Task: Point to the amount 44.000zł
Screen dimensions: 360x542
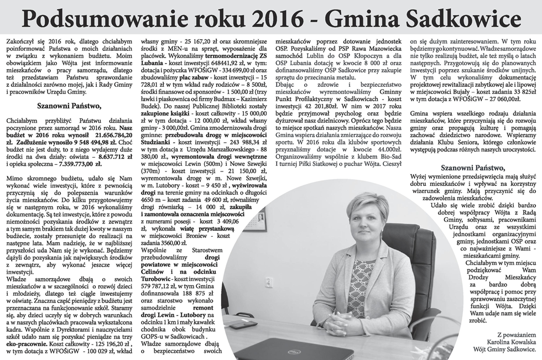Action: pos(387,149)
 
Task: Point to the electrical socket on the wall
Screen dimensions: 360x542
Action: pos(269,282)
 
